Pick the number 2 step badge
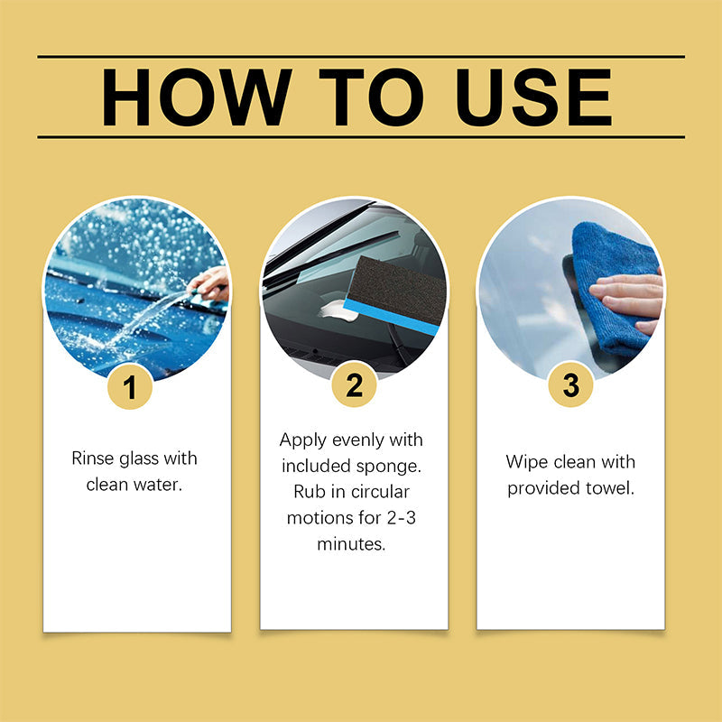pos(354,385)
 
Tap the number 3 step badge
pos(570,385)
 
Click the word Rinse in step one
pos(93,458)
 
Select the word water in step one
pos(159,485)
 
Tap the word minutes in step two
pos(351,545)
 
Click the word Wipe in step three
pos(526,462)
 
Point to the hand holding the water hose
pos(209,284)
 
